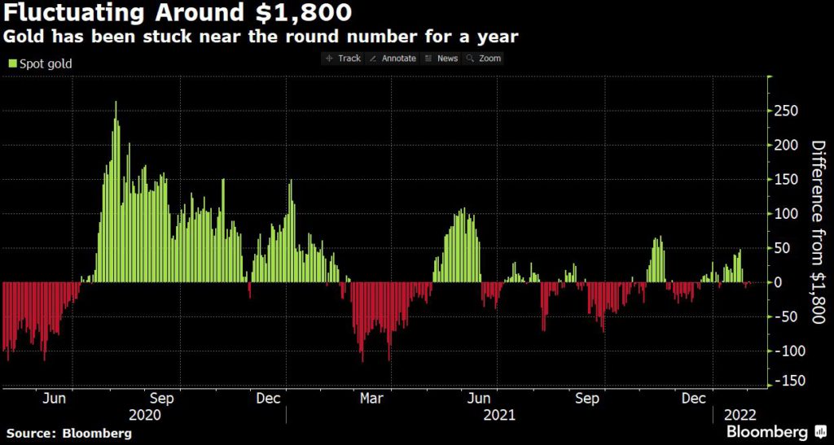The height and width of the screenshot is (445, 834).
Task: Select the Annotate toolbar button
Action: pyautogui.click(x=393, y=59)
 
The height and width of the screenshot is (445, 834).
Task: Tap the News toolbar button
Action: pyautogui.click(x=442, y=59)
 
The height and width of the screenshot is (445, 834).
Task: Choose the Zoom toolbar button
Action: pyautogui.click(x=485, y=59)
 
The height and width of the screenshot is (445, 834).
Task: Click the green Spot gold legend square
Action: pyautogui.click(x=12, y=63)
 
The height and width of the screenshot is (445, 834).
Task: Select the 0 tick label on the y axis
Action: pyautogui.click(x=778, y=282)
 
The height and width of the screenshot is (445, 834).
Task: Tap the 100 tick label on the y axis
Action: pyautogui.click(x=784, y=214)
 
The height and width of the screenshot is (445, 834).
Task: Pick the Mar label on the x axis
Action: pyautogui.click(x=371, y=399)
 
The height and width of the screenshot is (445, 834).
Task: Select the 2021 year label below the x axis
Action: pyautogui.click(x=498, y=414)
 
